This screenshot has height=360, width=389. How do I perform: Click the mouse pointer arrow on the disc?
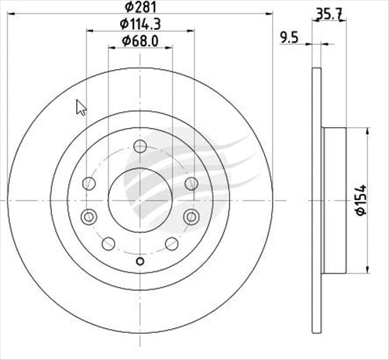81,106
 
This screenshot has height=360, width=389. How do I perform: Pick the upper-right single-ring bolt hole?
191,183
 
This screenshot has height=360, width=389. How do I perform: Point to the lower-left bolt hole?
108,244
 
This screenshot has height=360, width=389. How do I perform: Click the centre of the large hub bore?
139,199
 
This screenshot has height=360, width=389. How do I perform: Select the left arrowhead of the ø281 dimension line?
9,15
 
